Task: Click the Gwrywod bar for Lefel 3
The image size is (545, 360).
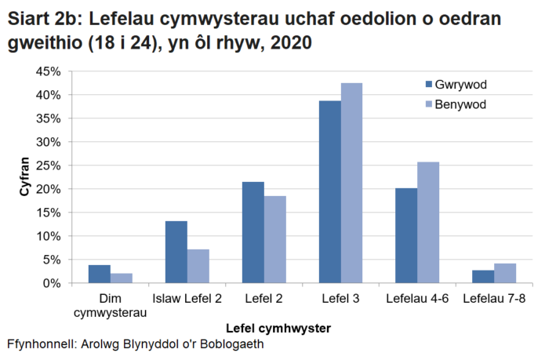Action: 330,191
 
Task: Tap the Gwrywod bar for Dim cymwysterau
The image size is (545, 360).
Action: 100,274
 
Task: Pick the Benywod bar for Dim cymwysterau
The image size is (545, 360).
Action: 121,278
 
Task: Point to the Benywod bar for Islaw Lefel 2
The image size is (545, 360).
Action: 198,266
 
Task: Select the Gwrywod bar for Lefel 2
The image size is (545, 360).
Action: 253,232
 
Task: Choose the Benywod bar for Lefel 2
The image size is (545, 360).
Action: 274,239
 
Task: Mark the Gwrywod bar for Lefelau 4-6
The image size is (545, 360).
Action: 406,235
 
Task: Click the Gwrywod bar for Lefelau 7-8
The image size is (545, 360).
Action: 483,276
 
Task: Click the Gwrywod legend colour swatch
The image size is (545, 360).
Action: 427,85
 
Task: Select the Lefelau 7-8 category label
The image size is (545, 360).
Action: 494,298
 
